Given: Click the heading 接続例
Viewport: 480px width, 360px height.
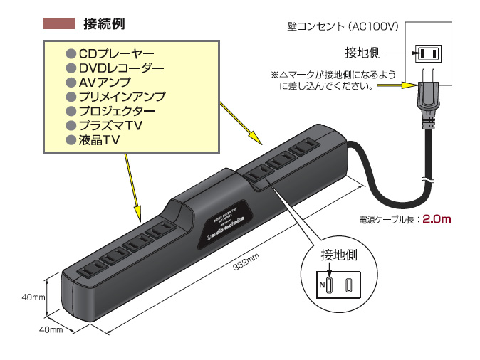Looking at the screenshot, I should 104,23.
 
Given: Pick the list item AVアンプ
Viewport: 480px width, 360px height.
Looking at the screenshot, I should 109,83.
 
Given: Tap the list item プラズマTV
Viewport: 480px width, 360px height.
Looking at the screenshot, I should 113,125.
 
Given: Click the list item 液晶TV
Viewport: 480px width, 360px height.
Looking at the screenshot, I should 98,140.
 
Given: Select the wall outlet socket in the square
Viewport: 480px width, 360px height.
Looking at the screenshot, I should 428,53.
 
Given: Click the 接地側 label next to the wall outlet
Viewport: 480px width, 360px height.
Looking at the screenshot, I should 362,53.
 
